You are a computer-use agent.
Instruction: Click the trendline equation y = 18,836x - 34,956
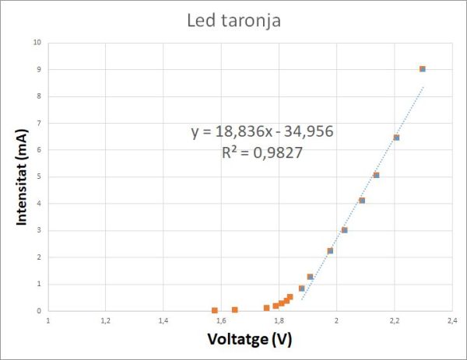(263, 132)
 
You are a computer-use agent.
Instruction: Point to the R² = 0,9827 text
(262, 153)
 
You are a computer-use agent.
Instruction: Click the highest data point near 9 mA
(423, 69)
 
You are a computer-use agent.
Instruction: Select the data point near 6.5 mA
(396, 138)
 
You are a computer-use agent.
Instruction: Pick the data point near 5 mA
(376, 175)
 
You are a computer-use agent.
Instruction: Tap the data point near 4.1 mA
(362, 201)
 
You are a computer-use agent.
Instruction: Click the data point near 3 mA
(344, 230)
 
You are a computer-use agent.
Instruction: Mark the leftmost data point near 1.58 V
(215, 310)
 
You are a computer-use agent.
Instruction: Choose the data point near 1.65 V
(234, 309)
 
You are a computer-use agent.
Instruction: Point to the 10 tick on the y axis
(37, 42)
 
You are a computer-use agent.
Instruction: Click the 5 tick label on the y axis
(38, 177)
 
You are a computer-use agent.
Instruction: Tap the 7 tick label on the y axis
(38, 123)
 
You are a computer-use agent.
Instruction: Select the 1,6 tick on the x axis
(221, 320)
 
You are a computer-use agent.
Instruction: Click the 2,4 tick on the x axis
(451, 320)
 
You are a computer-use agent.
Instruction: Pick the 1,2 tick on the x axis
(106, 320)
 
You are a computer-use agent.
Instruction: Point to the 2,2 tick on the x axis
(394, 320)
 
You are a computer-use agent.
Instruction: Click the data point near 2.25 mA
(330, 250)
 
